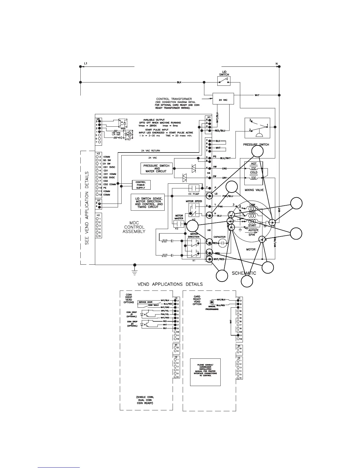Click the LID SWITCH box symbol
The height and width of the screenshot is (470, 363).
coord(224,81)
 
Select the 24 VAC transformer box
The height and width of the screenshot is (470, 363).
coord(223,99)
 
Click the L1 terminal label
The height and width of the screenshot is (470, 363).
coord(86,63)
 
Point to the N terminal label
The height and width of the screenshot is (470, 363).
coord(276,63)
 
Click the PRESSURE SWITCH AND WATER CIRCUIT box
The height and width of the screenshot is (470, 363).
coord(156,169)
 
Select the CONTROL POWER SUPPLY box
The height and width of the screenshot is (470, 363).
coord(141,185)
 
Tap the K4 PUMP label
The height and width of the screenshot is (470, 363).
coord(194,194)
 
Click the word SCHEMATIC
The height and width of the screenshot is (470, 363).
coord(244,273)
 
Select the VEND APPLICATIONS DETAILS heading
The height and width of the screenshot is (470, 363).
coord(170,284)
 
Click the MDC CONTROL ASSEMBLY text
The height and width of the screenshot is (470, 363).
coord(134,227)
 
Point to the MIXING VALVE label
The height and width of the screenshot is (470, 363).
coord(254,190)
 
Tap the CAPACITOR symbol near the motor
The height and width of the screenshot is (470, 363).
coord(222,243)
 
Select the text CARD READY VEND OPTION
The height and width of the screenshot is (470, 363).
coord(197,300)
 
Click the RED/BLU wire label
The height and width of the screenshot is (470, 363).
coord(220,131)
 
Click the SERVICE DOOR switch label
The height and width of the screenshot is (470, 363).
coord(146,302)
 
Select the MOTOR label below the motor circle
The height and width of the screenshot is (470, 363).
coord(251,250)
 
